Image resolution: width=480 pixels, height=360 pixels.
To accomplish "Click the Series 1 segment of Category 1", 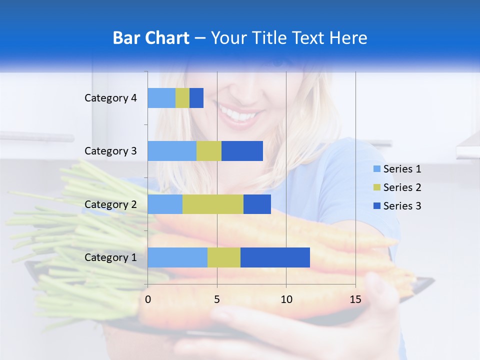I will pos(177,257).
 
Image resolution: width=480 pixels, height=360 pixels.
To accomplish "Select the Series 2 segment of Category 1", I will pos(224,257).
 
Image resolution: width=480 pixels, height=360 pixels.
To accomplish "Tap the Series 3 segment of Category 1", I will pos(275,257).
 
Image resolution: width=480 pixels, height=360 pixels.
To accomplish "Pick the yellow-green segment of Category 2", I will pos(213,204).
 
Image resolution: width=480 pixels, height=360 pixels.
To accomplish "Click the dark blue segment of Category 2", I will pos(257,204).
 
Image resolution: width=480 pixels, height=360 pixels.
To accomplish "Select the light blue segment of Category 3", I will pos(172,151).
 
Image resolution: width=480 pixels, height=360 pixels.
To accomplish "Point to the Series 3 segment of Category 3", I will pos(242,151).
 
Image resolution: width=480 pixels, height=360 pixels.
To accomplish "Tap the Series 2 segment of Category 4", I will pos(182,98).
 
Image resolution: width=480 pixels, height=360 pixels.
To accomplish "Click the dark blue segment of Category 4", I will pos(196,98).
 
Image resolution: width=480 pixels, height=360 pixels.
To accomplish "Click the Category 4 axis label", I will pos(110,98).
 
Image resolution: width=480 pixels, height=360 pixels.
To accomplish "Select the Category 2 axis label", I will pos(110,204).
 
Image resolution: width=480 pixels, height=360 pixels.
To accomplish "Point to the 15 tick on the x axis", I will pos(355,299).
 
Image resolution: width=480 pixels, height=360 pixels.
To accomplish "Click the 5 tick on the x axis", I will pos(217,299).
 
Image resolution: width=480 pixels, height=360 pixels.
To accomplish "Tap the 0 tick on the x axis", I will pos(148,299).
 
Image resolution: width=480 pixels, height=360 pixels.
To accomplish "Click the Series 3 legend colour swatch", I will pos(376,206).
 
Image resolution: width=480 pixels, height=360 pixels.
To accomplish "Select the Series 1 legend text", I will pos(402,169).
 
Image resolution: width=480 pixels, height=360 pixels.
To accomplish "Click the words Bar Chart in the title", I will pos(151,38).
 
